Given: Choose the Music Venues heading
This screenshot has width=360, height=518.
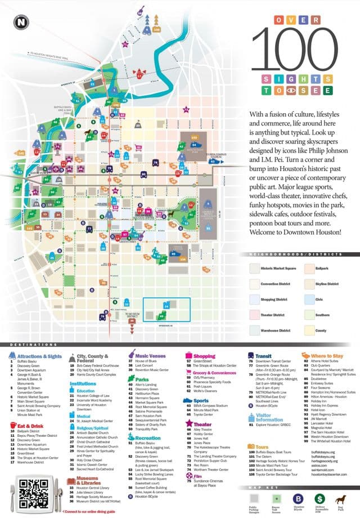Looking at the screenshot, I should (x=152, y=356).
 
